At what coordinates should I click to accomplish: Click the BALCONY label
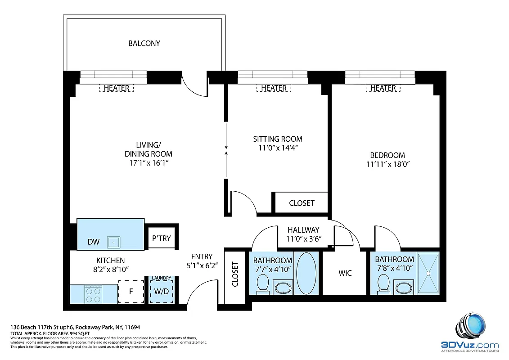144,43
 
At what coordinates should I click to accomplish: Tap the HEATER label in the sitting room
274,88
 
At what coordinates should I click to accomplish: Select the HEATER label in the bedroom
383,88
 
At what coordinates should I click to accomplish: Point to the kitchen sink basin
113,242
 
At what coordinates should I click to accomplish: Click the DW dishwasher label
94,242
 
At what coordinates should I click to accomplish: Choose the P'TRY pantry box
161,238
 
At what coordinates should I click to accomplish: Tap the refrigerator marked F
131,291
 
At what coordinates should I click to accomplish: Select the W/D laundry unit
161,291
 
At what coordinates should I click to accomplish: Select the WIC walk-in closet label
345,273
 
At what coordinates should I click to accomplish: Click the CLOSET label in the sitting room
302,203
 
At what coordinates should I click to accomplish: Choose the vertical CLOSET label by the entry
234,275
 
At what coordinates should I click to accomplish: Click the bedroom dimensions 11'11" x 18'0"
387,164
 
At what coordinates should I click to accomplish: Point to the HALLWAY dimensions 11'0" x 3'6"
303,238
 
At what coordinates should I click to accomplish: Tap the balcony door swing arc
194,88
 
